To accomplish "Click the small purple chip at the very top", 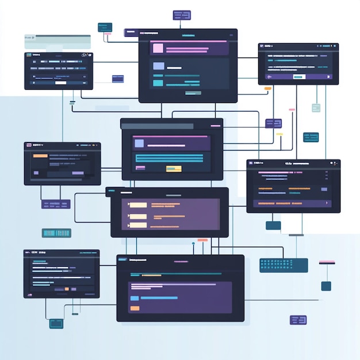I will click(182, 15).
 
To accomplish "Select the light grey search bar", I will click(58, 40).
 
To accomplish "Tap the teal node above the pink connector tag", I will click(105, 26).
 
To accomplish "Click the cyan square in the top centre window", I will click(158, 83).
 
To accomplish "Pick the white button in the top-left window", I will click(60, 83).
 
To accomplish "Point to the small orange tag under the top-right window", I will click(267, 89).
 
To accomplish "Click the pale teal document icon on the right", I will click(316, 108).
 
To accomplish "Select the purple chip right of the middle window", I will click(273, 123).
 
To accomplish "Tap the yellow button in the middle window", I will click(174, 168).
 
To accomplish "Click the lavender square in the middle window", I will click(139, 143).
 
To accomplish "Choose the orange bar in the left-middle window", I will click(40, 156).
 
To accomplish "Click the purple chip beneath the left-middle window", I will click(56, 204).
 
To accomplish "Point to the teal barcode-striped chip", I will click(56, 233).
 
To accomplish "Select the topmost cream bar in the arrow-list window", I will click(138, 205).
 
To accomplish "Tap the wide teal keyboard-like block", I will click(284, 265).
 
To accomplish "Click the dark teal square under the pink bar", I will click(326, 286).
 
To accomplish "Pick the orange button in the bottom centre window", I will click(135, 309).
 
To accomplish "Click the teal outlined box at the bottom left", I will click(56, 324).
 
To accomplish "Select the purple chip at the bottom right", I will click(298, 320).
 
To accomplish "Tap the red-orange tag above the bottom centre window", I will click(202, 240).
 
